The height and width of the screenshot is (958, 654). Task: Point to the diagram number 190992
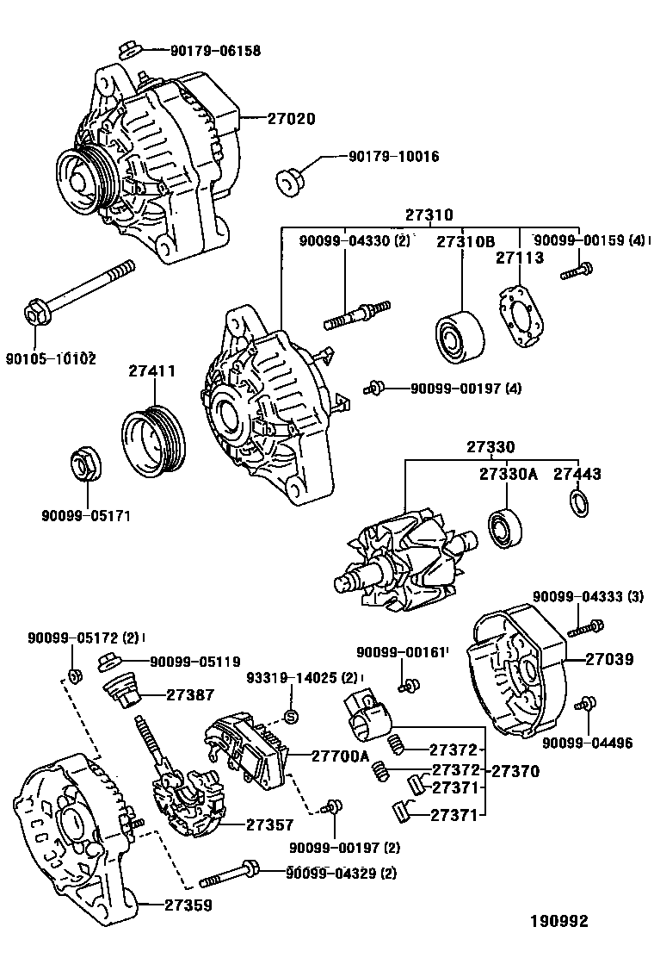[558, 921]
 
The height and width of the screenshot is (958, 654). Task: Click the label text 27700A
[340, 755]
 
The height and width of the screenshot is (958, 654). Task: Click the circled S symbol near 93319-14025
[290, 717]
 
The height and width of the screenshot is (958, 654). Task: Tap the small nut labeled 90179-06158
[126, 49]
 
